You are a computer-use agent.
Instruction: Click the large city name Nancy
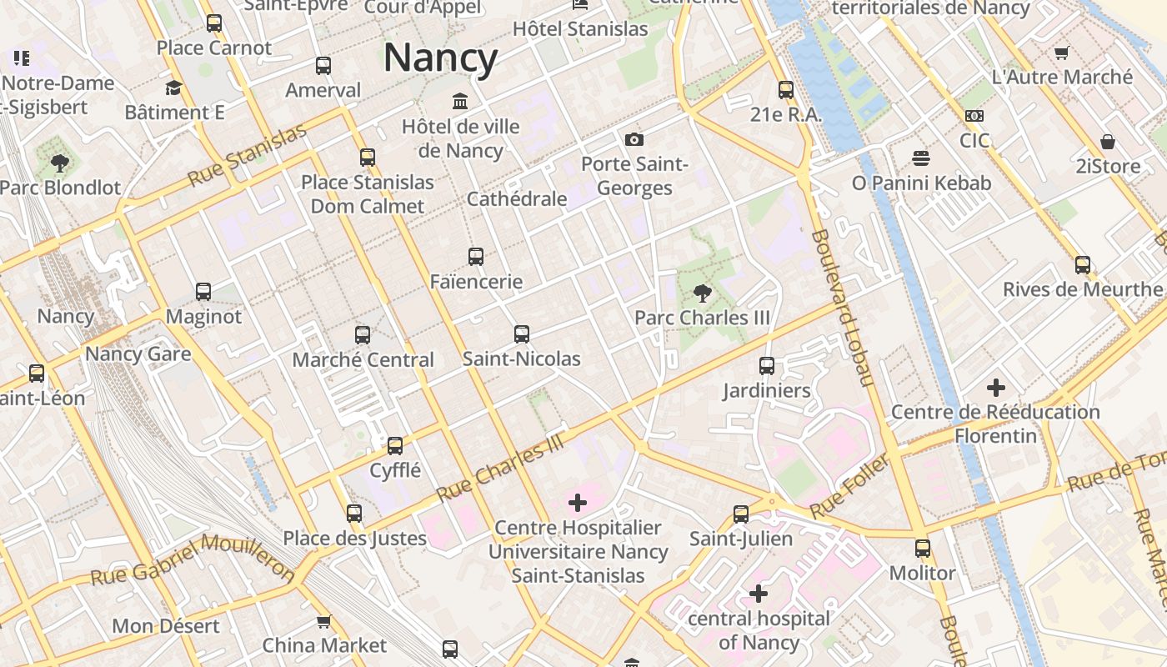click(x=440, y=58)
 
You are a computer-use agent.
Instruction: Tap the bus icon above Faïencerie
click(x=476, y=257)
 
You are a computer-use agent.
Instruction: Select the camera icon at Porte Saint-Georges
click(x=634, y=139)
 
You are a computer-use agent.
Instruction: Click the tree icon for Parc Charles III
click(x=703, y=293)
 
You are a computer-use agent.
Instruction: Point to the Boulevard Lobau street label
click(x=842, y=308)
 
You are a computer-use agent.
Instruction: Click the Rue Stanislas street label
click(x=247, y=156)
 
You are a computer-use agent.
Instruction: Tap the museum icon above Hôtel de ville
click(x=459, y=102)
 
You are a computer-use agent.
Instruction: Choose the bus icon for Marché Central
click(x=363, y=335)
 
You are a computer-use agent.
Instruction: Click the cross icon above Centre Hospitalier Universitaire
click(x=578, y=503)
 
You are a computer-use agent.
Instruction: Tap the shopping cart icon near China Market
click(x=323, y=621)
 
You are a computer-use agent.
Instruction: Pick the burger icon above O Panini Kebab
click(x=921, y=158)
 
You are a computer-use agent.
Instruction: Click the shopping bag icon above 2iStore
click(x=1108, y=142)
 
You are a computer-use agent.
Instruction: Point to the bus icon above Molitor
click(x=923, y=549)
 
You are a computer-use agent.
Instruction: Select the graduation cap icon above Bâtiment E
click(x=173, y=88)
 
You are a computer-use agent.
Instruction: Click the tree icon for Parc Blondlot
click(x=59, y=163)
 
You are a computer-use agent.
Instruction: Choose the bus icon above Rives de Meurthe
click(x=1083, y=265)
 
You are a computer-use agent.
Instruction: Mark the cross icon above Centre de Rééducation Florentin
click(x=995, y=388)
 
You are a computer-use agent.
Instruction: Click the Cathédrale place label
click(x=517, y=199)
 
